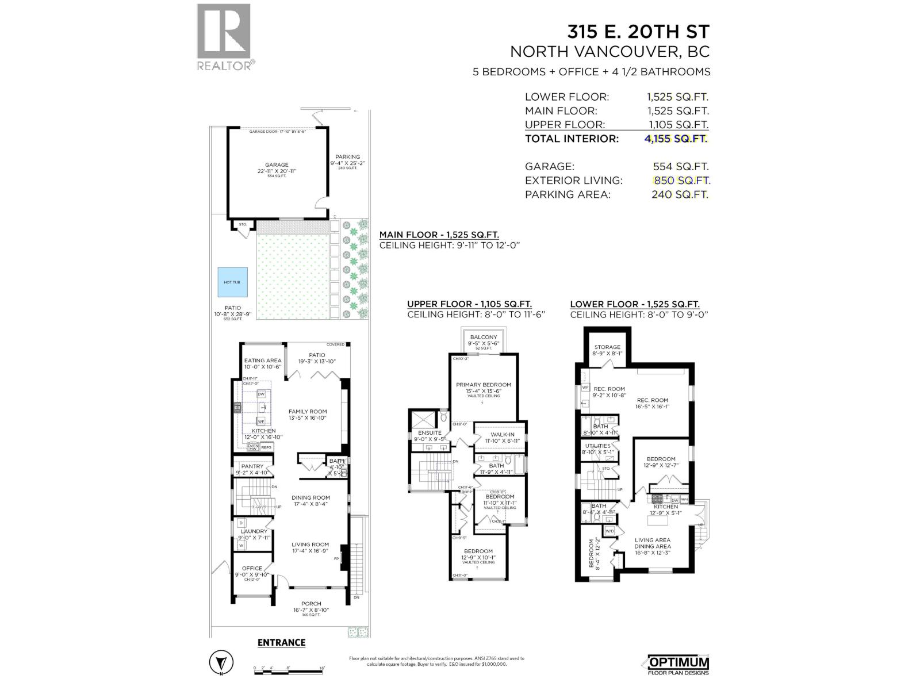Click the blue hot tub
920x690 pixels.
pyautogui.click(x=233, y=282)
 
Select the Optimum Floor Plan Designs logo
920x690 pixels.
pyautogui.click(x=678, y=665)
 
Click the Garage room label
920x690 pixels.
pyautogui.click(x=277, y=165)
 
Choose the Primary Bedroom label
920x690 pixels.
pyautogui.click(x=483, y=385)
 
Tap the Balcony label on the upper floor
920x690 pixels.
pyautogui.click(x=483, y=338)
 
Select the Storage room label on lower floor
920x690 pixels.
pyautogui.click(x=607, y=347)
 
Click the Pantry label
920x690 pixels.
pyautogui.click(x=252, y=466)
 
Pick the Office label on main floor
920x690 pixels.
pyautogui.click(x=252, y=568)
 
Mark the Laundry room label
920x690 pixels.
pyautogui.click(x=254, y=531)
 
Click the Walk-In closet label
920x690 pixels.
pyautogui.click(x=502, y=435)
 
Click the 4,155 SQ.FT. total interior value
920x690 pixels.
pyautogui.click(x=676, y=139)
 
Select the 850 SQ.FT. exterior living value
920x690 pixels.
pyautogui.click(x=682, y=181)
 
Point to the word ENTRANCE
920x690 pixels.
pyautogui.click(x=281, y=642)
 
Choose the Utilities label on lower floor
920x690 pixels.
pyautogui.click(x=597, y=446)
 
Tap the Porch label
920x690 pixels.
pyautogui.click(x=310, y=604)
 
